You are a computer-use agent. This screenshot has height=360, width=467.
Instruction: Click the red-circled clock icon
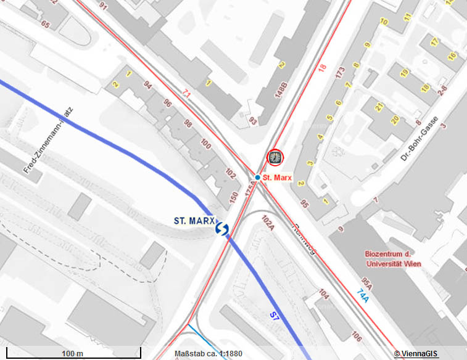[275, 158]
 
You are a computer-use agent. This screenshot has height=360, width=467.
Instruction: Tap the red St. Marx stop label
[276, 178]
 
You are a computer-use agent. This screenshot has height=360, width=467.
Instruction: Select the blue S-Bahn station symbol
[222, 229]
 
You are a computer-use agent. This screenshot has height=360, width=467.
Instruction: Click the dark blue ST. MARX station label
[194, 220]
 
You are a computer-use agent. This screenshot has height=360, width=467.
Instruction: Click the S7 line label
[275, 316]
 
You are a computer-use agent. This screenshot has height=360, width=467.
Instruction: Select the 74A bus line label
[365, 295]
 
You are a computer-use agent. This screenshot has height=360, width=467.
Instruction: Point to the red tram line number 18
[321, 68]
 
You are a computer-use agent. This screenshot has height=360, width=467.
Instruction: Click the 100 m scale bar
[72, 353]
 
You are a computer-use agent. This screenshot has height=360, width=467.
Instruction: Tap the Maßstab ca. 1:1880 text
[208, 354]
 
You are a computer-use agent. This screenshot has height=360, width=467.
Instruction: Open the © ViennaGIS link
[416, 354]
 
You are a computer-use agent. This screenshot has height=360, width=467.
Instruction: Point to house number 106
[356, 335]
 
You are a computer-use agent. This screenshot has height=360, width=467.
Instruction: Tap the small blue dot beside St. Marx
[257, 178]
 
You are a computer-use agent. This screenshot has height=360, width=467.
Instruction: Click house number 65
[45, 25]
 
